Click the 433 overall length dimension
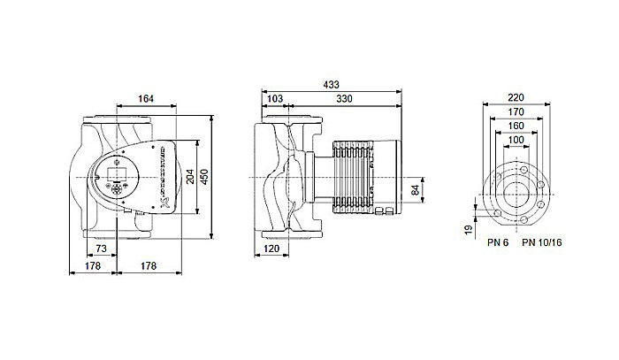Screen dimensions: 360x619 coord(332,85)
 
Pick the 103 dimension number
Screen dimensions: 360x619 coord(275,99)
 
